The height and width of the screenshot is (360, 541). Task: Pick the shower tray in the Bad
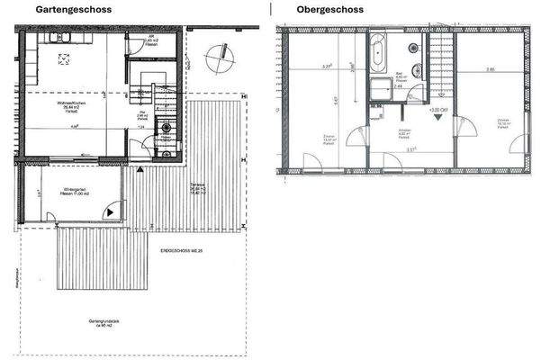(378, 89)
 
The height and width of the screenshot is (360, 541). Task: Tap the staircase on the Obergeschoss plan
(440, 64)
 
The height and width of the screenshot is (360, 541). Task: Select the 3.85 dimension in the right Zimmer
(489, 69)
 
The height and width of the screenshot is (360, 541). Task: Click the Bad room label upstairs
(401, 77)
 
